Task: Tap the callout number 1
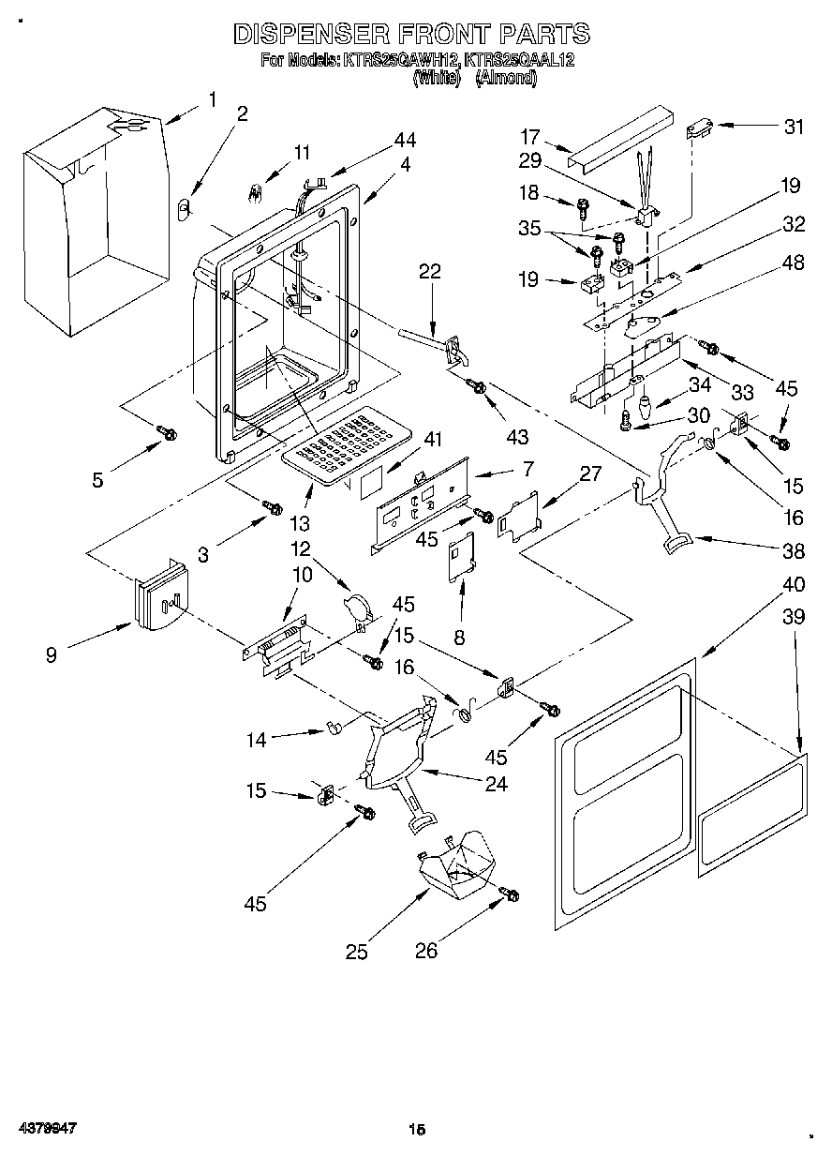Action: point(213,99)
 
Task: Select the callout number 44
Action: point(405,140)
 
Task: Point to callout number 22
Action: point(429,272)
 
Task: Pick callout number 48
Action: point(793,263)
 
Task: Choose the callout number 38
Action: point(794,553)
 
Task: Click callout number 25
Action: point(356,952)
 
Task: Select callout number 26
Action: point(426,952)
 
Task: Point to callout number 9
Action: point(51,655)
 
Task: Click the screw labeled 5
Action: point(168,432)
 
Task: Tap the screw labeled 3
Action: point(273,507)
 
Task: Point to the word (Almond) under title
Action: point(506,80)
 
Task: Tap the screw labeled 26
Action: point(511,895)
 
